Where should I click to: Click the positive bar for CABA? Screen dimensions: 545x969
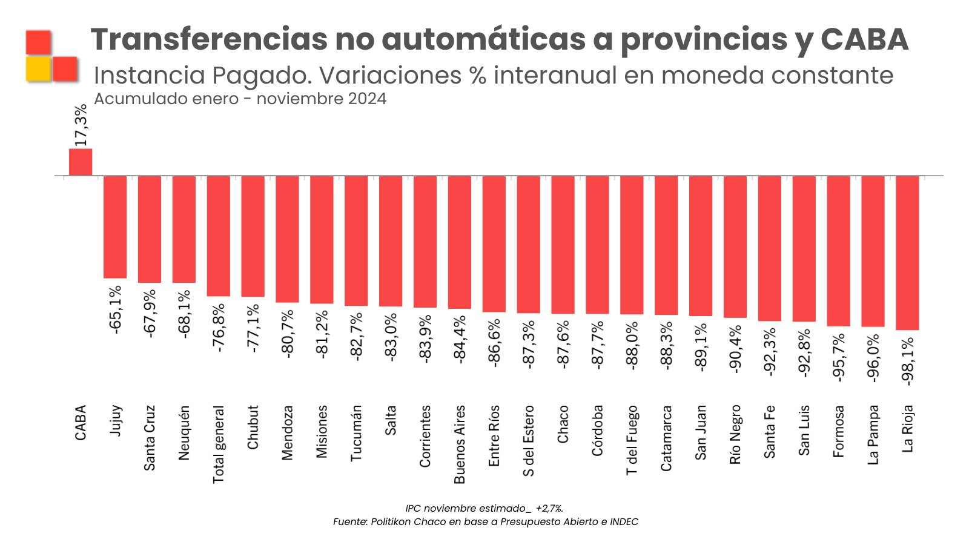tap(81, 162)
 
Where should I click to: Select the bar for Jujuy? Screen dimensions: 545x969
tap(115, 227)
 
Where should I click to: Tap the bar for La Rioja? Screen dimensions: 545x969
tap(907, 253)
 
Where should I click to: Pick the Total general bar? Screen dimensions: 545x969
tap(219, 236)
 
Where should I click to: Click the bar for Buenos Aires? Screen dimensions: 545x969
tap(460, 242)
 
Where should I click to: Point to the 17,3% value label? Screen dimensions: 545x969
tap(81, 125)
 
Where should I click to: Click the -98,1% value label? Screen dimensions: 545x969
tap(907, 361)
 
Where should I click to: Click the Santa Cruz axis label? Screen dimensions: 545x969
tap(150, 438)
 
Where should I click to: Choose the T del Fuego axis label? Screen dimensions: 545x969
tap(632, 440)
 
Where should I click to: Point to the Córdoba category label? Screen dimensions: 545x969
tap(598, 430)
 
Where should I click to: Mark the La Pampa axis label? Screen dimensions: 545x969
tap(873, 435)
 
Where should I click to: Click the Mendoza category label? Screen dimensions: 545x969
tap(288, 432)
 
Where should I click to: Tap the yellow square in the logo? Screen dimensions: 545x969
tap(38, 69)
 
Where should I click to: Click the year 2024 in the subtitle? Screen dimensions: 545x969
tap(367, 99)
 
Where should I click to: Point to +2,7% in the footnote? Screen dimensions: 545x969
tap(549, 509)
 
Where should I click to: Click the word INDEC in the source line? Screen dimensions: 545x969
tap(624, 522)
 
